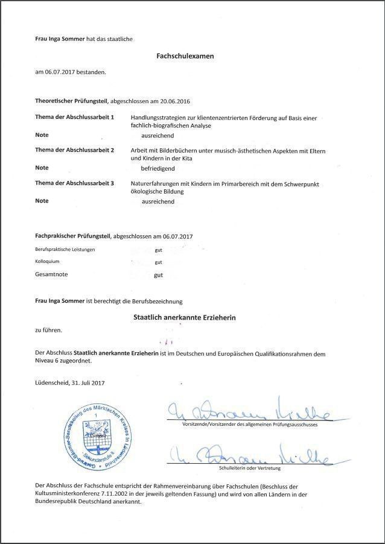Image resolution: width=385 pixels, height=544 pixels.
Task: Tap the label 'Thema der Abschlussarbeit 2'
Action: point(75,150)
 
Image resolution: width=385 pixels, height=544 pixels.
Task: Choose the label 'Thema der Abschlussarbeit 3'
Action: point(75,183)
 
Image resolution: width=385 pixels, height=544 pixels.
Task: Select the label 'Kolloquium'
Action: point(48,262)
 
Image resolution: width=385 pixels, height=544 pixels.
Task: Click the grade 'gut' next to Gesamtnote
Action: point(159,275)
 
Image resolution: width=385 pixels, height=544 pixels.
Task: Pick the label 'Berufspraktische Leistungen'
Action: point(65,249)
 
